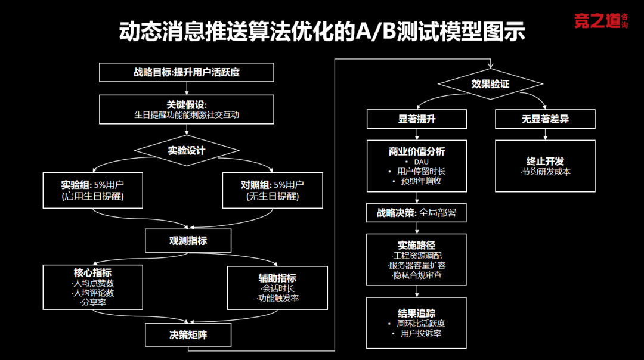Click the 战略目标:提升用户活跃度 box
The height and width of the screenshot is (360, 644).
(186, 73)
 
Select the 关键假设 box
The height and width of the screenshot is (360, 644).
(186, 109)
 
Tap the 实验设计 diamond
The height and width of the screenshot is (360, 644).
(186, 150)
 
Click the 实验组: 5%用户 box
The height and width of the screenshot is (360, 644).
(92, 190)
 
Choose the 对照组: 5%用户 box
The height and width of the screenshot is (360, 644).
(272, 190)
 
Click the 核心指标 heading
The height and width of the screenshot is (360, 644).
(92, 272)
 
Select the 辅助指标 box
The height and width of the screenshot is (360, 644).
(277, 287)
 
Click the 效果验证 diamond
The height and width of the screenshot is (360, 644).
(490, 84)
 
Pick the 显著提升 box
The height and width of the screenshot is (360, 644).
(417, 119)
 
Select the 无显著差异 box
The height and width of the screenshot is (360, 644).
(544, 119)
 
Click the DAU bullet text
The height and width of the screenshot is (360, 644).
(420, 162)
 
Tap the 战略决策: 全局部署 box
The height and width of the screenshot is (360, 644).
(416, 212)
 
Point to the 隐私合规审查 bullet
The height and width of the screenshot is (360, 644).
(417, 275)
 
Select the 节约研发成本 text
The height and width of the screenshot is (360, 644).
(545, 172)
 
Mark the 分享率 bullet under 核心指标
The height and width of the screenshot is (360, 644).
(92, 302)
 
